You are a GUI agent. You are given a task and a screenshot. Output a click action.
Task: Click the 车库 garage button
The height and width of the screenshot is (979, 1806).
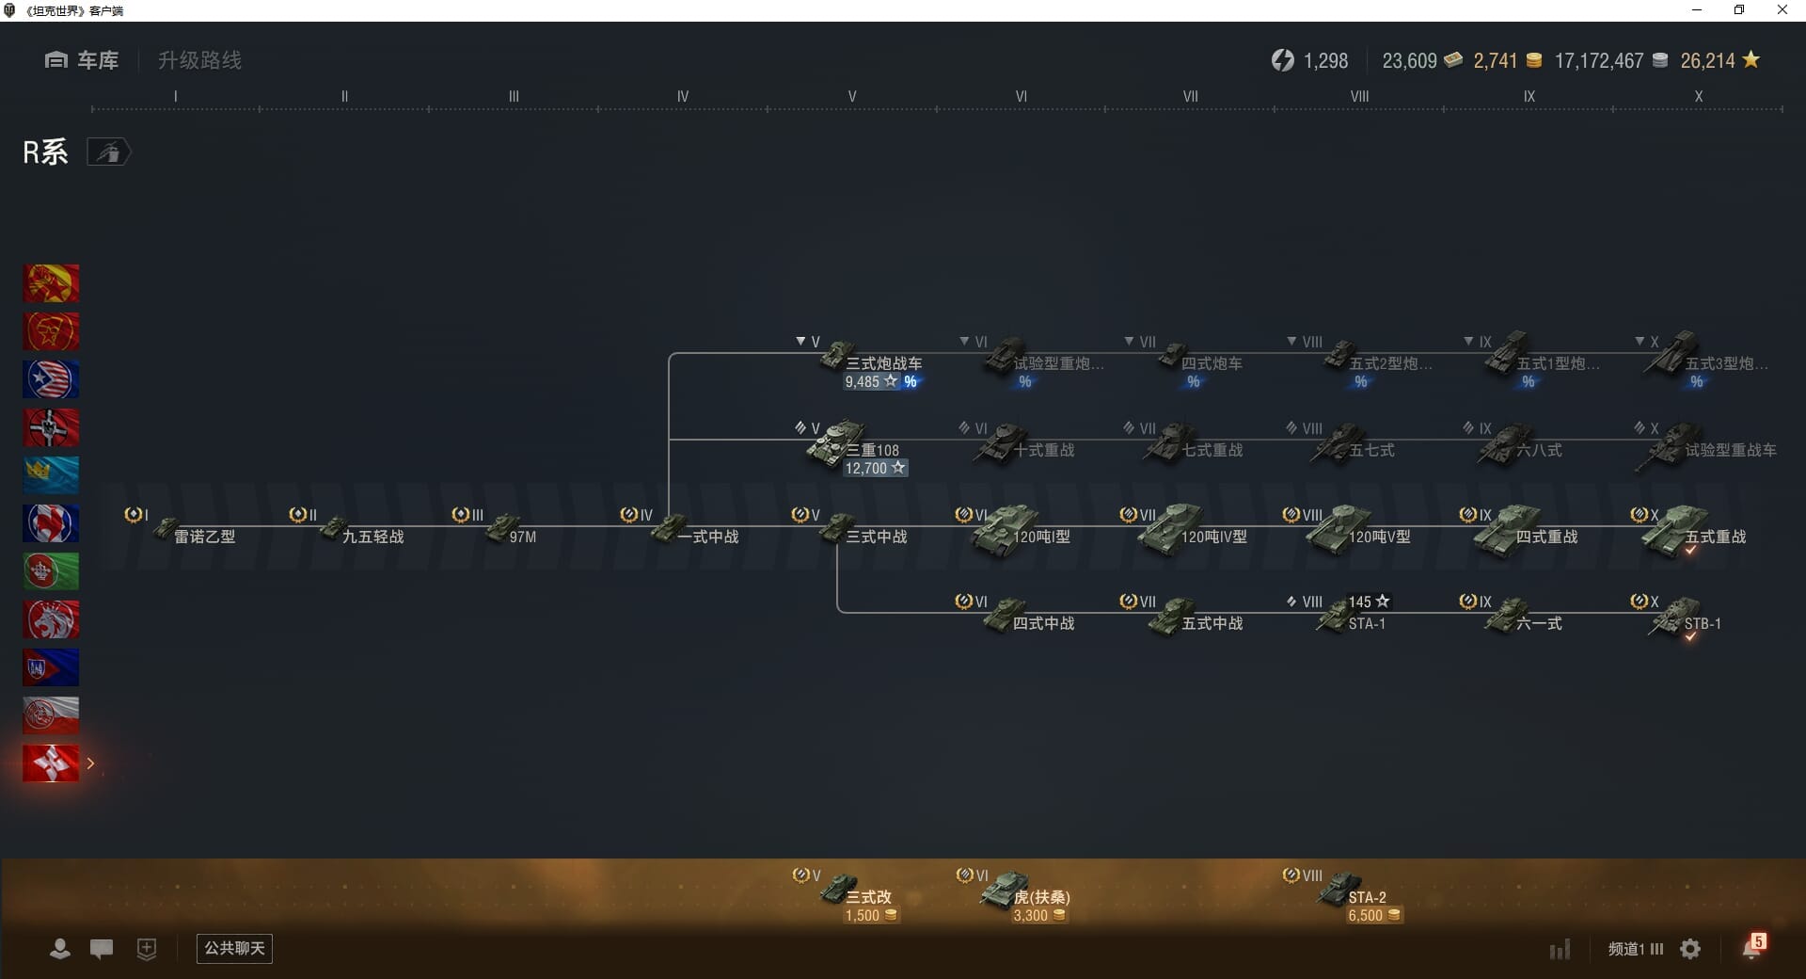[82, 60]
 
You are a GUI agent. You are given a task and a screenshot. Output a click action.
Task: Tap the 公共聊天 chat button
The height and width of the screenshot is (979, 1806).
[234, 948]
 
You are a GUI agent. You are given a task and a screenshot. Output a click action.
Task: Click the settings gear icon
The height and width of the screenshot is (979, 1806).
[1690, 949]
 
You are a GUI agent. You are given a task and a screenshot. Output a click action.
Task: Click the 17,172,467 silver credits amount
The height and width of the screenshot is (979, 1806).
[1598, 61]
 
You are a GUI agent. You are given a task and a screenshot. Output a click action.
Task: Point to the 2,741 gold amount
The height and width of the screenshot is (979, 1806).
[1495, 61]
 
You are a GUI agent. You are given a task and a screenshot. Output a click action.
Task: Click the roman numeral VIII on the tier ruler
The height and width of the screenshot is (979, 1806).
[1359, 96]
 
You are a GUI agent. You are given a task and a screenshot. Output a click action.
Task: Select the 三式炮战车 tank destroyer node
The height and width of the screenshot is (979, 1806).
[871, 362]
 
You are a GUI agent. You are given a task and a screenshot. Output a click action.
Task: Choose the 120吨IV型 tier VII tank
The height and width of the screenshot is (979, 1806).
[1195, 534]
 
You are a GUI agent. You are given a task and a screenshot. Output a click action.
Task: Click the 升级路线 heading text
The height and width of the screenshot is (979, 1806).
[199, 60]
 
